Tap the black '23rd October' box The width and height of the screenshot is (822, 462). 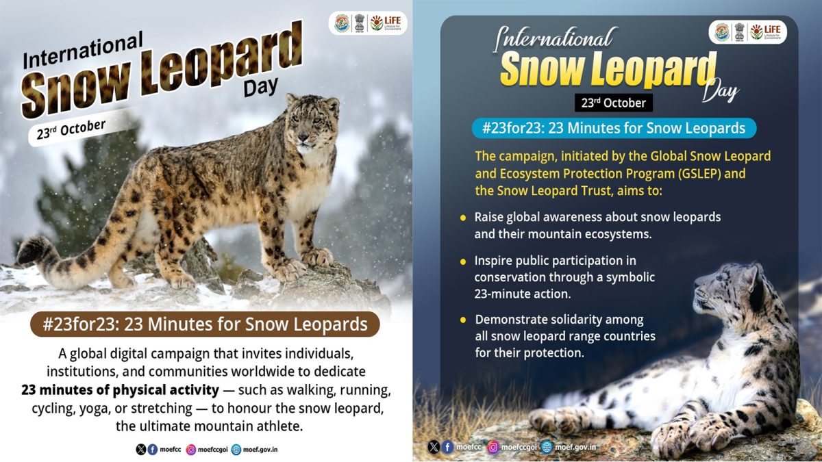tap(614, 103)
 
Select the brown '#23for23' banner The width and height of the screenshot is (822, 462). tap(205, 324)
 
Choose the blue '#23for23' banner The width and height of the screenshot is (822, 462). tap(613, 128)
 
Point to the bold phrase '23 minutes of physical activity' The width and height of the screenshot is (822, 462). tap(119, 390)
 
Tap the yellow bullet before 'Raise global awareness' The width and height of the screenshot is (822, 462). tap(464, 218)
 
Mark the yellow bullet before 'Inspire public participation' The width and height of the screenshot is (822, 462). tap(464, 261)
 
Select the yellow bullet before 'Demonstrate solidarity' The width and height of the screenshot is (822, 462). tap(464, 320)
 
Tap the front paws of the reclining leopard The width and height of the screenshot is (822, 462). tap(569, 419)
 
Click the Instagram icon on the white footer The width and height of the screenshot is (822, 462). tap(191, 450)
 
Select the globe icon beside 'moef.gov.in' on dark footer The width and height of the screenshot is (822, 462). tap(547, 447)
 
